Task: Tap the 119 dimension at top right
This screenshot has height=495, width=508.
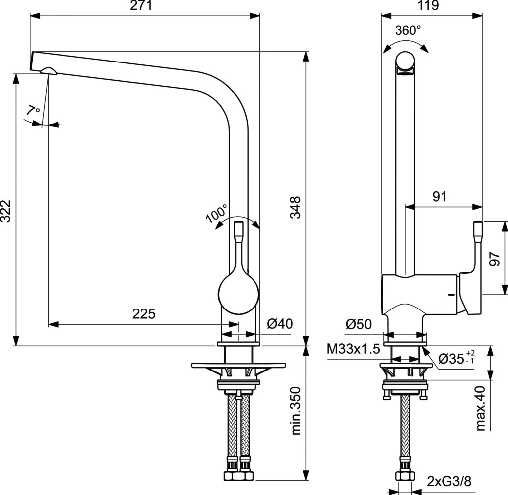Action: point(429,6)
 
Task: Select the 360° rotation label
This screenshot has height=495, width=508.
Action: point(407,31)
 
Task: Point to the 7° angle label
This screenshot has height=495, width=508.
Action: point(34,111)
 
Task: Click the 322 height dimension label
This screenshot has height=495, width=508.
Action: point(6,212)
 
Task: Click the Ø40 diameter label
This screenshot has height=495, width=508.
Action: point(280,324)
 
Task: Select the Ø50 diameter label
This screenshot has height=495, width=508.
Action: point(359,324)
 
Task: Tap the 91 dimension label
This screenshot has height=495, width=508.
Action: point(439,196)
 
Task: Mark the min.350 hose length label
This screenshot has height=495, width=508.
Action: point(296,411)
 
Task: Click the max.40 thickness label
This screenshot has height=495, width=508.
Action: point(480,408)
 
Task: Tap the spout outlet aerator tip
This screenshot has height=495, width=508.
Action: point(50,71)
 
